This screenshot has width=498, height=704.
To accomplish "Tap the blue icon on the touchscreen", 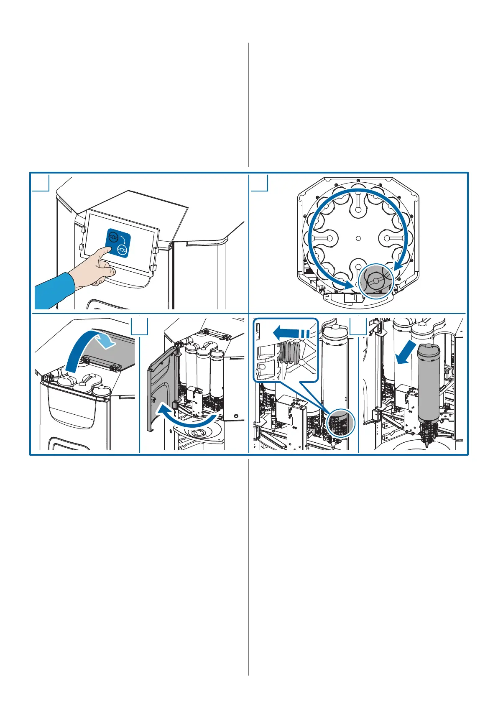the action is tap(118, 242).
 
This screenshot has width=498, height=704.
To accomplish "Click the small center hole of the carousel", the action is tap(358, 238).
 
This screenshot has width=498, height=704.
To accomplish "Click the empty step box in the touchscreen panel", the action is tap(41, 183).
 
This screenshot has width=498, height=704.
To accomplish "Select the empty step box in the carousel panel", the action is tap(259, 183).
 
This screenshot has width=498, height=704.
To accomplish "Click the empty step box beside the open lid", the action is tap(140, 326).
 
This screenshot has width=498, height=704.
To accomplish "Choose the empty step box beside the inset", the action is tap(358, 326).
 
